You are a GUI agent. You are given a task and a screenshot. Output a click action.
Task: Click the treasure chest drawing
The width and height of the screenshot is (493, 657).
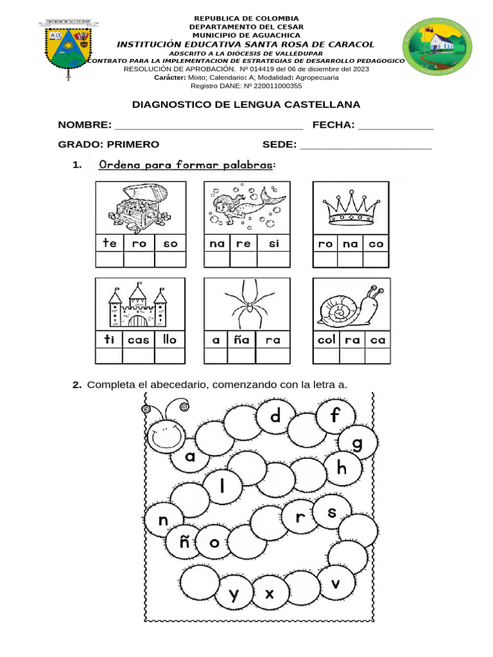pos(140,207)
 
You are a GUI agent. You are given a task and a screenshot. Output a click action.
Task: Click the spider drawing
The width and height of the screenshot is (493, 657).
pos(246,303)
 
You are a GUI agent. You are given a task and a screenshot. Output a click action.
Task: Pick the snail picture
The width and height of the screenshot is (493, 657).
pos(351,304)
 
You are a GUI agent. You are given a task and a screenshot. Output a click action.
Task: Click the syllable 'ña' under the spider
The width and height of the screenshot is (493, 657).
pos(242,339)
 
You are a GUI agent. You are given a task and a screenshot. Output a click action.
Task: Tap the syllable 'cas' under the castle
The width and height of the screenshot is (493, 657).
pos(138,339)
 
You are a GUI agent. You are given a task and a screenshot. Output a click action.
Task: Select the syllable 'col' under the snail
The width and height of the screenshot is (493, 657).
pos(327,339)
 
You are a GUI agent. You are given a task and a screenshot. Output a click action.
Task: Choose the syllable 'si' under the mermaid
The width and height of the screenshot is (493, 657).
pos(274,243)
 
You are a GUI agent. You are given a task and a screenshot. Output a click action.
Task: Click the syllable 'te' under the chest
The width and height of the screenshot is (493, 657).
pos(109,243)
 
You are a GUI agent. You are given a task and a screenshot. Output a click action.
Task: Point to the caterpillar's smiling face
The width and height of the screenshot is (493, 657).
pos(165,434)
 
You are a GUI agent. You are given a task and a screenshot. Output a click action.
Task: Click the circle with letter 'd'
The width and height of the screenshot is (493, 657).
pos(275,418)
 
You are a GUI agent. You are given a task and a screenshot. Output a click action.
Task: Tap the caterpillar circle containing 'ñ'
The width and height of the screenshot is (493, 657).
pos(185,543)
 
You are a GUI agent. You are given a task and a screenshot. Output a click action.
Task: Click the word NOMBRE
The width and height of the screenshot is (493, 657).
pos(85,124)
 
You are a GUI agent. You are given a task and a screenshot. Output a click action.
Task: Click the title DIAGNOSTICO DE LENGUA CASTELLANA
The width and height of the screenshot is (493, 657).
pos(246,105)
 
